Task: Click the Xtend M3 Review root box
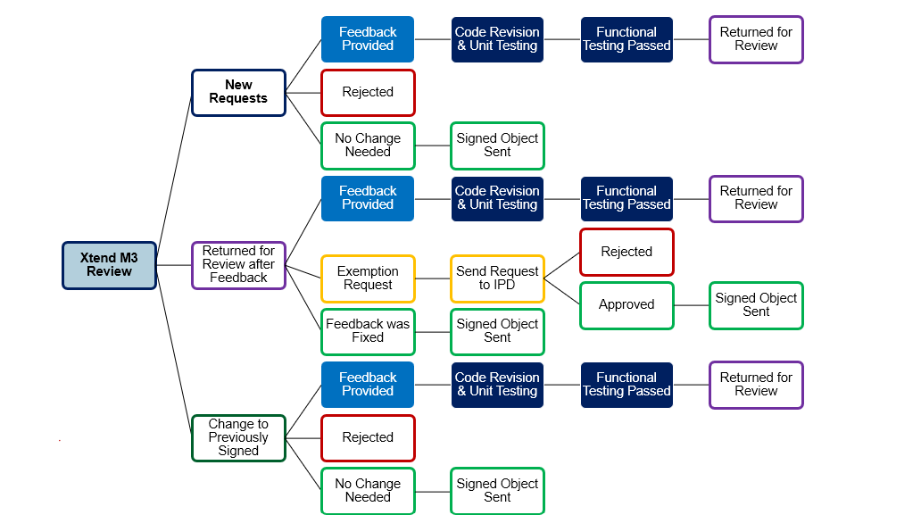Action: (109, 265)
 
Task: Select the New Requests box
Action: (238, 92)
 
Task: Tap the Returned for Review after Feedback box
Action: (238, 265)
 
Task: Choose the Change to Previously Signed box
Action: (238, 437)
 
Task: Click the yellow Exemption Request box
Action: (368, 278)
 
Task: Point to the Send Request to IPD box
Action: (497, 278)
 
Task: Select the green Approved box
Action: (626, 304)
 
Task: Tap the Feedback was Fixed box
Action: (368, 331)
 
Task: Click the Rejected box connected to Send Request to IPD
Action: (626, 252)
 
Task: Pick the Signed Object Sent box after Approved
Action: (756, 304)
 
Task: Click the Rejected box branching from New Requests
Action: (368, 92)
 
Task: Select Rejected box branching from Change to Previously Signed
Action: (368, 437)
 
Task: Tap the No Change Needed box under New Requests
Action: (368, 145)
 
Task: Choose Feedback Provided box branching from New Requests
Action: (368, 39)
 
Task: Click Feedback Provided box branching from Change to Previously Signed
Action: (368, 385)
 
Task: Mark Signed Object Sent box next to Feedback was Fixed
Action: (497, 331)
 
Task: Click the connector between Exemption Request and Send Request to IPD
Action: (433, 278)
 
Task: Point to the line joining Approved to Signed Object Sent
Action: (692, 304)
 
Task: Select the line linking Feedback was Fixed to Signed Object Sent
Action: (433, 331)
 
